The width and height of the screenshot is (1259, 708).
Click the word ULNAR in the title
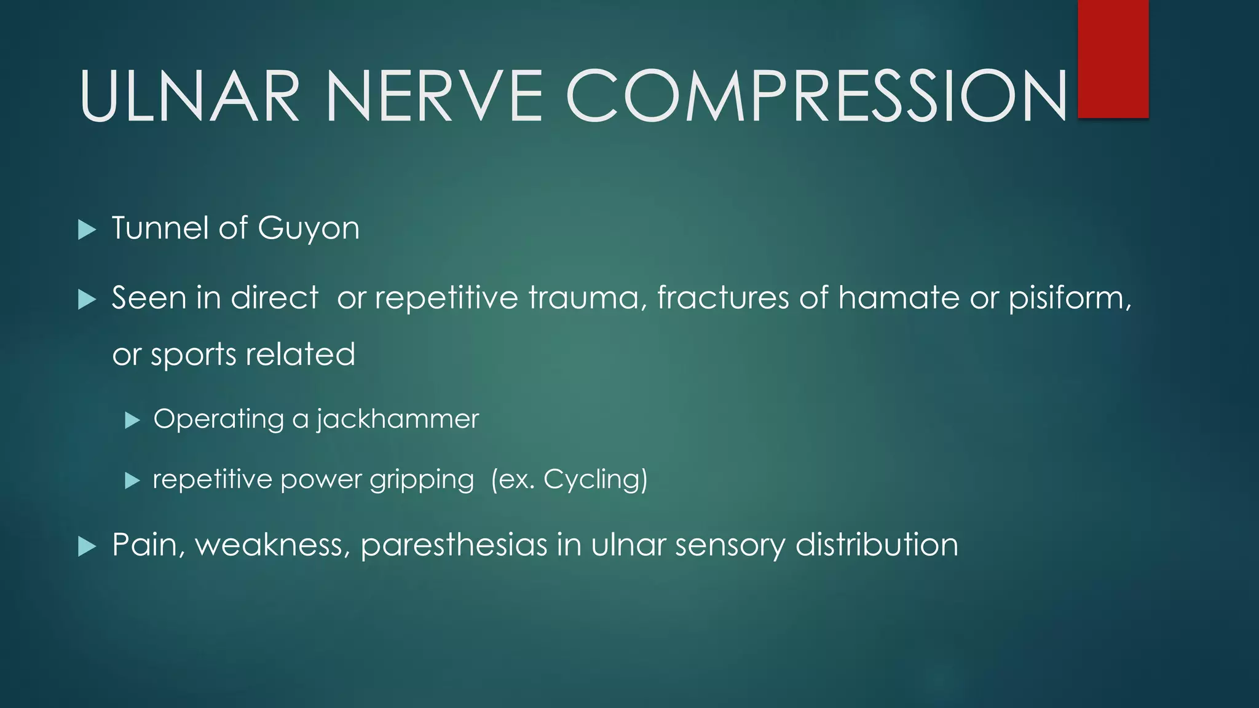pos(189,96)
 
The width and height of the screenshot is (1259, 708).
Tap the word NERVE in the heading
pos(434,96)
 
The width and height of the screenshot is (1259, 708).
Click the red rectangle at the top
pos(1113,58)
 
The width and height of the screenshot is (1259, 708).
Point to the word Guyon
pos(309,229)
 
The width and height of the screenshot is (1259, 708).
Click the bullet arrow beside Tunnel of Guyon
pos(87,230)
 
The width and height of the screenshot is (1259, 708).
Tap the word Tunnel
pos(160,228)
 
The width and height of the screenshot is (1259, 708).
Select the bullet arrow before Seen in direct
pos(87,300)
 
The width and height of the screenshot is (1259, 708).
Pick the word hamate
pos(898,298)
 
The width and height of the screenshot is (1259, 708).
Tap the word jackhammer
pos(397,420)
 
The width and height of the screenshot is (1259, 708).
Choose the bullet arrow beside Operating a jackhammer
pos(132,420)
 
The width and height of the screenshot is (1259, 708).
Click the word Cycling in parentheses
pos(593,480)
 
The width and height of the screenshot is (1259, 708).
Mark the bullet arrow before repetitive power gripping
pos(132,481)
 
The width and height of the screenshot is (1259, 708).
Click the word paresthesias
pos(454,546)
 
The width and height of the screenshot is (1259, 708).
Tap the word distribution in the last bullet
pos(877,545)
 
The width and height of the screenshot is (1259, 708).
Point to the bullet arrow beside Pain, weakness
pos(87,546)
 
